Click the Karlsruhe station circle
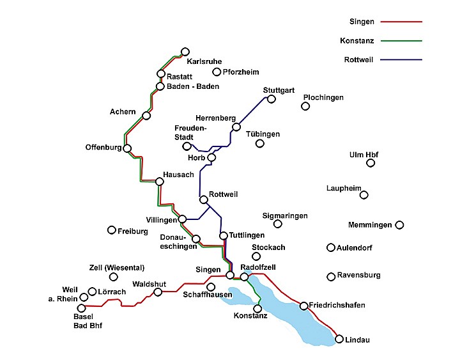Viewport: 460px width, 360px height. (185, 52)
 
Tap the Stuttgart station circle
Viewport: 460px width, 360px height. (271, 99)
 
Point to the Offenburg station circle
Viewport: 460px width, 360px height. (127, 148)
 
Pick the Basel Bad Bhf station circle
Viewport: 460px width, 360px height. (81, 308)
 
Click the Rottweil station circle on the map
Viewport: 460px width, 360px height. (204, 201)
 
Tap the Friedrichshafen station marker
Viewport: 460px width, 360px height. (303, 306)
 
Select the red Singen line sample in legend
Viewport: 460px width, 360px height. (401, 21)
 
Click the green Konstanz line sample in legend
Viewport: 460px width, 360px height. (401, 40)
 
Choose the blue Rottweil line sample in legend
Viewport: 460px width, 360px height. (401, 59)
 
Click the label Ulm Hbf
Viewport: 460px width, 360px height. (364, 154)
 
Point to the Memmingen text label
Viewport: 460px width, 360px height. (370, 225)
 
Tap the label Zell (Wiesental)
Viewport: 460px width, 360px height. (116, 267)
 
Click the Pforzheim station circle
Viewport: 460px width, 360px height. (217, 72)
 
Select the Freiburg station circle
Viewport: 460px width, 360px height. (112, 230)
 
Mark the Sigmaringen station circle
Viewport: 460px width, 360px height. (278, 224)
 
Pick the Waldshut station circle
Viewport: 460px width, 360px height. (158, 292)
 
